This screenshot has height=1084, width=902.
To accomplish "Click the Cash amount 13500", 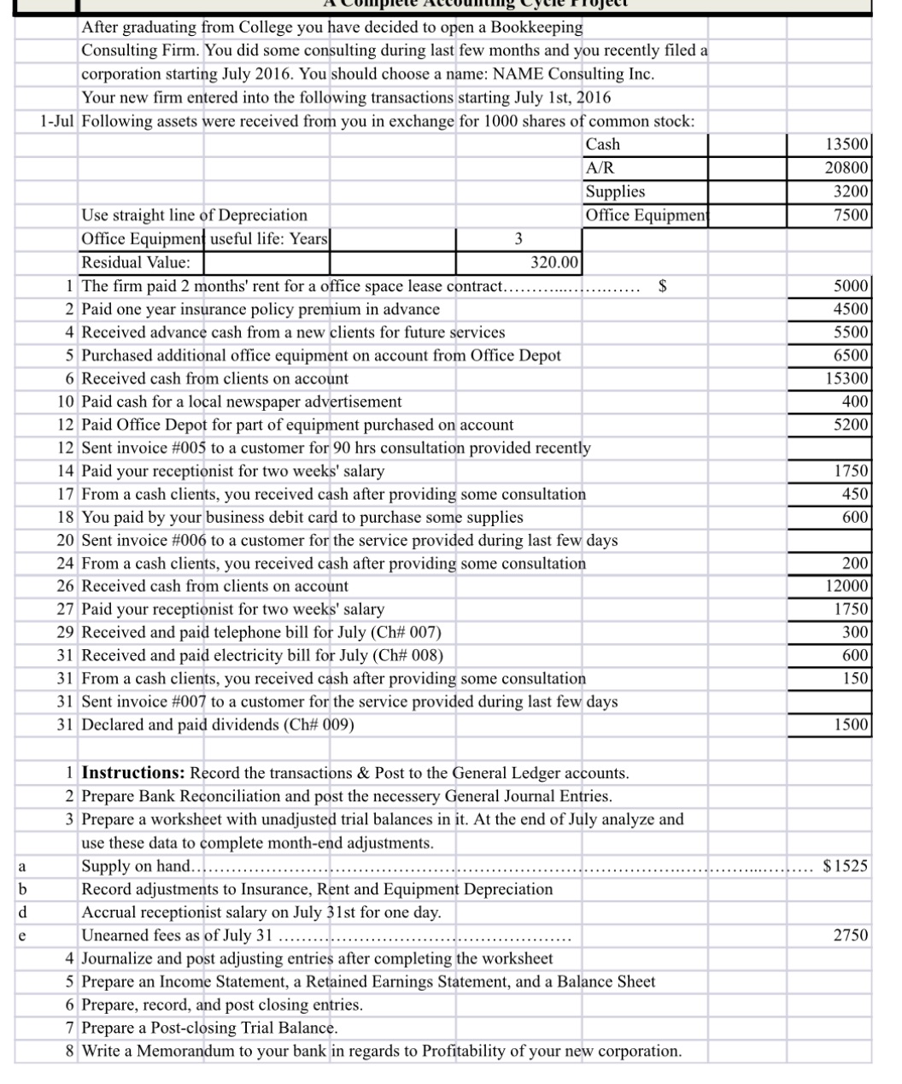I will pyautogui.click(x=849, y=144).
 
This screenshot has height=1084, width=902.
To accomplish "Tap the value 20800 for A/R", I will pyautogui.click(x=849, y=168).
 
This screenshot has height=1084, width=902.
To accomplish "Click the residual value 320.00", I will pyautogui.click(x=554, y=261).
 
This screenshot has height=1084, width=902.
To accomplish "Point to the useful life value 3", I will pyautogui.click(x=518, y=238).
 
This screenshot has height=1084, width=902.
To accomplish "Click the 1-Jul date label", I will pyautogui.click(x=57, y=121).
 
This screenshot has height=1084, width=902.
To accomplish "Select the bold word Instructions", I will pyautogui.click(x=132, y=773).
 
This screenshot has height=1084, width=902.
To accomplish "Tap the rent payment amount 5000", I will pyautogui.click(x=852, y=285).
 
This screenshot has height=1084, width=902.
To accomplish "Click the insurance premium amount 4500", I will pyautogui.click(x=852, y=308).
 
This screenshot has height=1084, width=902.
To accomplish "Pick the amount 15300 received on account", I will pyautogui.click(x=849, y=378).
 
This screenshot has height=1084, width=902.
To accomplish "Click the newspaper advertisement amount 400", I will pyautogui.click(x=856, y=401).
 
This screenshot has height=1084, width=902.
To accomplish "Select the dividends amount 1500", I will pyautogui.click(x=852, y=725).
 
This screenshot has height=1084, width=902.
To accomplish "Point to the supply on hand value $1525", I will pyautogui.click(x=845, y=866).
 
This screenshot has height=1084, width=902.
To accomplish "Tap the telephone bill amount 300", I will pyautogui.click(x=856, y=632).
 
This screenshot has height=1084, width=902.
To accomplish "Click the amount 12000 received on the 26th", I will pyautogui.click(x=849, y=586).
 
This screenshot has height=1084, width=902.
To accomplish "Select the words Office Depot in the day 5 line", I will pyautogui.click(x=515, y=355).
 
